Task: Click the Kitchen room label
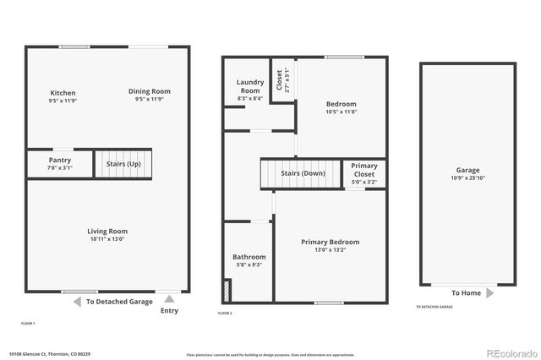pyautogui.click(x=63, y=93)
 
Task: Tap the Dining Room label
pyautogui.click(x=150, y=91)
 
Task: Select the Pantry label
pyautogui.click(x=60, y=160)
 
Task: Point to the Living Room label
pyautogui.click(x=107, y=231)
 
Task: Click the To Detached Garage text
pyautogui.click(x=117, y=302)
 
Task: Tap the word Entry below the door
pyautogui.click(x=169, y=311)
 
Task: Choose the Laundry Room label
pyautogui.click(x=250, y=86)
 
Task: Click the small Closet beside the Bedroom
pyautogui.click(x=281, y=79)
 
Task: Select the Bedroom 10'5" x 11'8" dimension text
pyautogui.click(x=342, y=112)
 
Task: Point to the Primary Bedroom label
pyautogui.click(x=331, y=243)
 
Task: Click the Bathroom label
pyautogui.click(x=249, y=257)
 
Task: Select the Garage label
pyautogui.click(x=467, y=170)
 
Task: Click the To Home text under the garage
pyautogui.click(x=466, y=293)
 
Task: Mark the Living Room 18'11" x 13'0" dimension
pyautogui.click(x=107, y=238)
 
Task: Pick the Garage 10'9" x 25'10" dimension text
pyautogui.click(x=467, y=178)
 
